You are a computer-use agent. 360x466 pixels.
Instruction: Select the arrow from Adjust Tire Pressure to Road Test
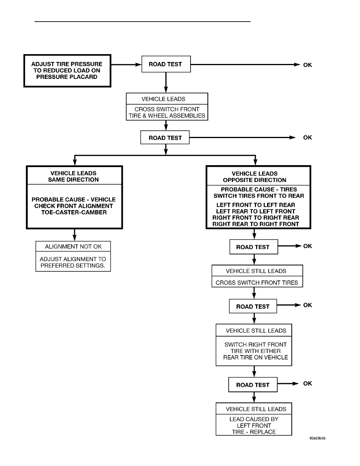pyautogui.click(x=126, y=64)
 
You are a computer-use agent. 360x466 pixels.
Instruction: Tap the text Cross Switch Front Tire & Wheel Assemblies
pyautogui.click(x=167, y=112)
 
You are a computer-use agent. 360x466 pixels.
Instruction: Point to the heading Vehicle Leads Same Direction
pyautogui.click(x=73, y=176)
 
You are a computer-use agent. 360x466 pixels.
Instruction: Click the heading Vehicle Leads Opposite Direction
pyautogui.click(x=255, y=177)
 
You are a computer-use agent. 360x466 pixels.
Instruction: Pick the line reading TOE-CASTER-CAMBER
pyautogui.click(x=74, y=212)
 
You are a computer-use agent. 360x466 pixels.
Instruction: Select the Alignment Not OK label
pyautogui.click(x=73, y=246)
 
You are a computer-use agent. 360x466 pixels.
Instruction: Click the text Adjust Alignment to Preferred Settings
pyautogui.click(x=73, y=262)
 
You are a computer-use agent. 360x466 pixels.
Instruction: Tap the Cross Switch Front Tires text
pyautogui.click(x=257, y=283)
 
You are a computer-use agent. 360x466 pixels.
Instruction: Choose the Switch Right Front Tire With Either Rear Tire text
pyautogui.click(x=256, y=351)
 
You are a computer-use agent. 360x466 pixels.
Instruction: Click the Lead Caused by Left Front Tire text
pyautogui.click(x=254, y=425)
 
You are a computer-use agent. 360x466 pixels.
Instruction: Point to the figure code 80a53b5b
pyautogui.click(x=318, y=438)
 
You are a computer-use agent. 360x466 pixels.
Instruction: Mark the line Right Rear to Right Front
pyautogui.click(x=256, y=224)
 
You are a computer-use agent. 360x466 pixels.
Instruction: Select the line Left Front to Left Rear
pyautogui.click(x=256, y=205)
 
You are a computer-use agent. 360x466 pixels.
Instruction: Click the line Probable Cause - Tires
pyautogui.click(x=259, y=189)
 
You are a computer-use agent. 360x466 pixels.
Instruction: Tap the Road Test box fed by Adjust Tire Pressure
pyautogui.click(x=166, y=64)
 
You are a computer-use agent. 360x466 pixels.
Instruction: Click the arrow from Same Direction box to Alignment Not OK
pyautogui.click(x=75, y=235)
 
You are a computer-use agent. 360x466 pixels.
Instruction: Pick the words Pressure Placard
pyautogui.click(x=67, y=76)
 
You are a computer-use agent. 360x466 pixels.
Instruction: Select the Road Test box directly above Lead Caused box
pyautogui.click(x=253, y=384)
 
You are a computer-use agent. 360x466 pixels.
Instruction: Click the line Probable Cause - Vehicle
pyautogui.click(x=74, y=199)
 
